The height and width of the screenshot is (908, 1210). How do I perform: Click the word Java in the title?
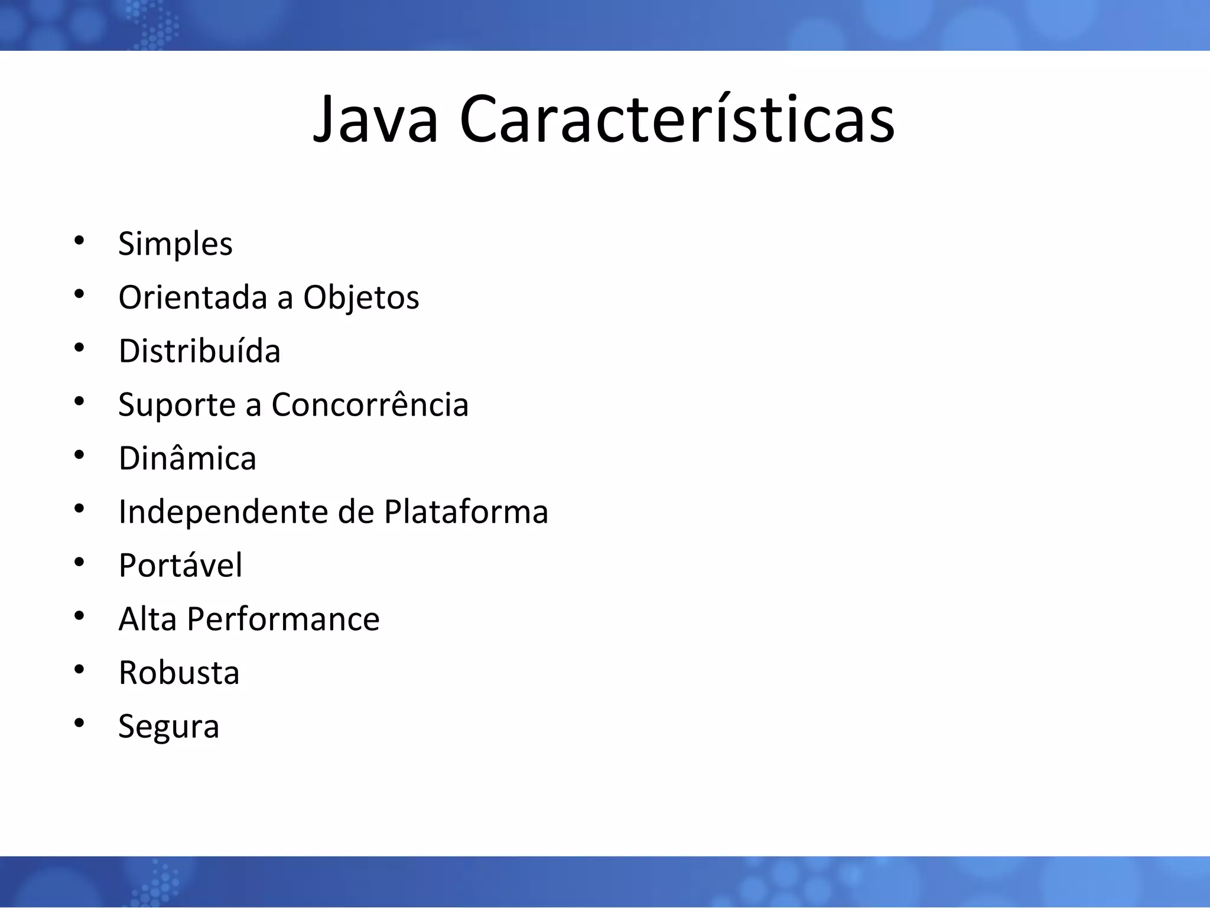click(376, 120)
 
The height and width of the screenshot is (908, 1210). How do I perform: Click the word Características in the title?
click(677, 120)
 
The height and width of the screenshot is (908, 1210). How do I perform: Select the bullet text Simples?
click(175, 244)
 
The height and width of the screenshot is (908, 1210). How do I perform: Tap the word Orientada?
click(193, 297)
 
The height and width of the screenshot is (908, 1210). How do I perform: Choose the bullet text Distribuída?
click(199, 351)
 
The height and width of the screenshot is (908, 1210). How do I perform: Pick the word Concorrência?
click(370, 405)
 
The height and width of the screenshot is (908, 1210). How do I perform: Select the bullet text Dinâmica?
click(187, 458)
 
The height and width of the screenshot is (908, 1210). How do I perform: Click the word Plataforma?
click(466, 512)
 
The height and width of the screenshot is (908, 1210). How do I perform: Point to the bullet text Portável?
click(180, 565)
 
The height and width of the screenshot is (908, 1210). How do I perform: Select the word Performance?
click(283, 619)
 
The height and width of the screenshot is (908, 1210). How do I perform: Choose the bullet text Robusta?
click(179, 673)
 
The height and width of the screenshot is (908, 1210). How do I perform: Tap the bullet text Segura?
click(168, 727)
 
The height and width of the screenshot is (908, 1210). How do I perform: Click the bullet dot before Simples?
click(79, 240)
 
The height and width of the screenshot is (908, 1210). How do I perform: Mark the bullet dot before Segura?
click(79, 723)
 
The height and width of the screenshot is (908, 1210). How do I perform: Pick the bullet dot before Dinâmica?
click(79, 455)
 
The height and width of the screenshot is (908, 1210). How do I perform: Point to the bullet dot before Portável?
click(79, 562)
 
